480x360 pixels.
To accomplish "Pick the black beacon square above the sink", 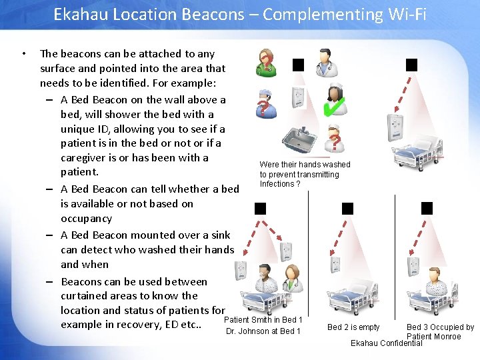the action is coord(298,65).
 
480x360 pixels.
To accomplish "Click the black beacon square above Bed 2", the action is coord(347,209).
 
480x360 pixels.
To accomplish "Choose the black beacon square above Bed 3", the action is coord(427,209).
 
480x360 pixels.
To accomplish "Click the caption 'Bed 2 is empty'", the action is coord(353,327).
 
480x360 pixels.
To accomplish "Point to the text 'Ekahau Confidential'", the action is coord(386,343).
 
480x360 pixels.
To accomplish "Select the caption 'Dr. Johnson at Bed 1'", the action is coord(263,331).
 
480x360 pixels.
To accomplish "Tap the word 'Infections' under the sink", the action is coord(277,184).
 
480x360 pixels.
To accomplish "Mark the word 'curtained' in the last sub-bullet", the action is coord(87,296).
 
